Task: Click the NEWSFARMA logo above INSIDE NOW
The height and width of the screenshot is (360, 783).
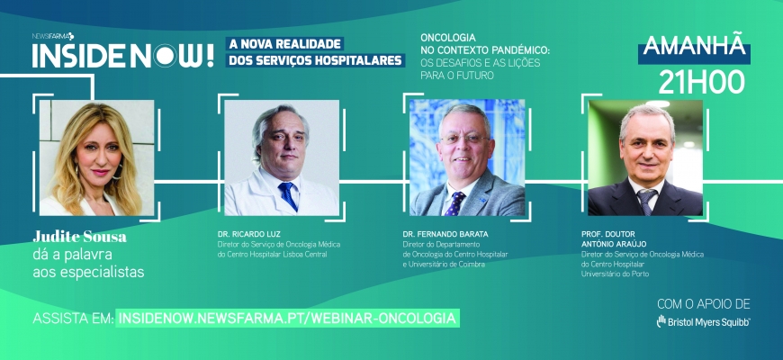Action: [53, 36]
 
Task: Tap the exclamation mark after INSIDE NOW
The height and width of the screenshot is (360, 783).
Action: [210, 56]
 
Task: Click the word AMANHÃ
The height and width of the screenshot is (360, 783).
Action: [694, 46]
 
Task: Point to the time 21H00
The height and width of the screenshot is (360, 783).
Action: [701, 81]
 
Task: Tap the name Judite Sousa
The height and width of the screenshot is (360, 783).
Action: [80, 237]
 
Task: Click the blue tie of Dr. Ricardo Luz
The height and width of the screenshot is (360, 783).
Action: [287, 195]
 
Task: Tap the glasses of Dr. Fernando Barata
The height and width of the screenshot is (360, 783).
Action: [464, 139]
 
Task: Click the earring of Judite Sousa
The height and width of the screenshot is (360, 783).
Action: [120, 172]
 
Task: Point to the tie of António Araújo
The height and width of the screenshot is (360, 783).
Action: [645, 202]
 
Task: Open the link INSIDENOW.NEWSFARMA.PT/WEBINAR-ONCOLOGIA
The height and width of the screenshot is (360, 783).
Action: [288, 319]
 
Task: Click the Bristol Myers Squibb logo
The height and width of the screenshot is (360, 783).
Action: [703, 322]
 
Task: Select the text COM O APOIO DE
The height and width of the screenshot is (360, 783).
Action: [703, 304]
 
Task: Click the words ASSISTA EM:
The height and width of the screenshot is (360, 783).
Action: [73, 319]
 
